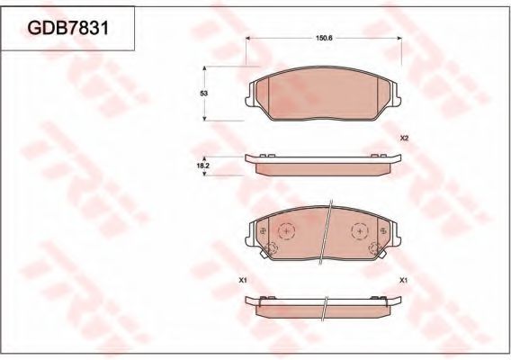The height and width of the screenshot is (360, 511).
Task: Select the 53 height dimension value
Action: [203, 94]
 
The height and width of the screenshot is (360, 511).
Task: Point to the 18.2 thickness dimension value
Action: [202, 166]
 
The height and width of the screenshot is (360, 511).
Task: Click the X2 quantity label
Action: [404, 138]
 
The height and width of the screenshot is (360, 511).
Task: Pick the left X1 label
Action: [243, 280]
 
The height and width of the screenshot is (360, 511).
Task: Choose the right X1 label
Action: [404, 280]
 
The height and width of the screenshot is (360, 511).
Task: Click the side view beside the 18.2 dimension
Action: [321, 163]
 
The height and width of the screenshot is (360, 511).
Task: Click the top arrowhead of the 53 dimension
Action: [208, 69]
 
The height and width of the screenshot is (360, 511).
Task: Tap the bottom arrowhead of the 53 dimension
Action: [208, 119]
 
